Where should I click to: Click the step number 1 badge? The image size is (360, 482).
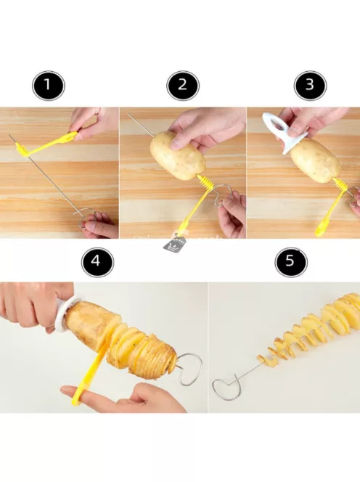coord(49,86)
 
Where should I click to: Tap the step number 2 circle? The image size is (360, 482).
coord(183,86)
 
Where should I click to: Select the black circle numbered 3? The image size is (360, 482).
coord(310,86)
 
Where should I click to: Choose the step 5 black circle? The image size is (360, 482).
coord(291,262)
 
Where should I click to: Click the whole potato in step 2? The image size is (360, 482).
coord(178,155)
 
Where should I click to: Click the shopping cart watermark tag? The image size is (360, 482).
coord(176,243)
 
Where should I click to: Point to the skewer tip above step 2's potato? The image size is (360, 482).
coord(128,115)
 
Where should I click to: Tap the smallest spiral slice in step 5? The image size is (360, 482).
coord(262,358)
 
